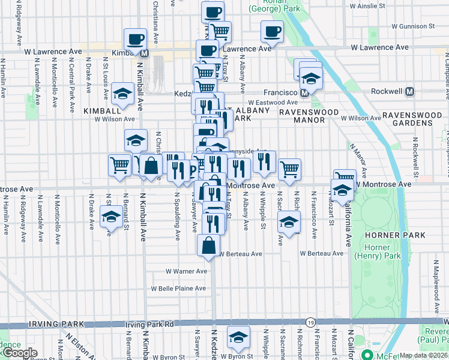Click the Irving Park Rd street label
click(149, 325)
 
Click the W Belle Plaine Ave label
click(179, 288)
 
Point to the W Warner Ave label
click(187, 271)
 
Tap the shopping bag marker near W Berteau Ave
click(208, 245)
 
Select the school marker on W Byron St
click(238, 338)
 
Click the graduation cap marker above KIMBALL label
click(122, 94)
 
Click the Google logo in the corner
click(20, 353)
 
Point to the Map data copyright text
click(424, 355)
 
